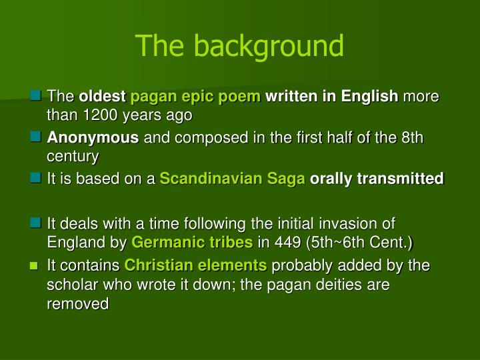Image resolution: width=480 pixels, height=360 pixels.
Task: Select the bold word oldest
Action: [103, 97]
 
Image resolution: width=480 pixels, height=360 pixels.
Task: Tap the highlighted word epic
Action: [198, 97]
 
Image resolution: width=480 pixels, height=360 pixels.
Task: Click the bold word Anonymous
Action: [93, 138]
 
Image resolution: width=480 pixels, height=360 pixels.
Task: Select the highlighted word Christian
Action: [157, 265]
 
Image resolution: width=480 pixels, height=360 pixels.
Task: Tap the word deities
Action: [331, 284]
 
